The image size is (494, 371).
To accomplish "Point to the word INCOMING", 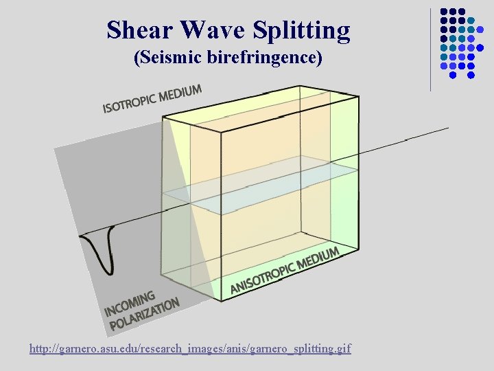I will (130, 303).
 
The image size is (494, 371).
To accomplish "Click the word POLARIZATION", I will (144, 313).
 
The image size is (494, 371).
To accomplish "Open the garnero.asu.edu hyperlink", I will (190, 349).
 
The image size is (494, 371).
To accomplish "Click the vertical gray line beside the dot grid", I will (431, 48).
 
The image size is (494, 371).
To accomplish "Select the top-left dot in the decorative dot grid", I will (444, 12).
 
